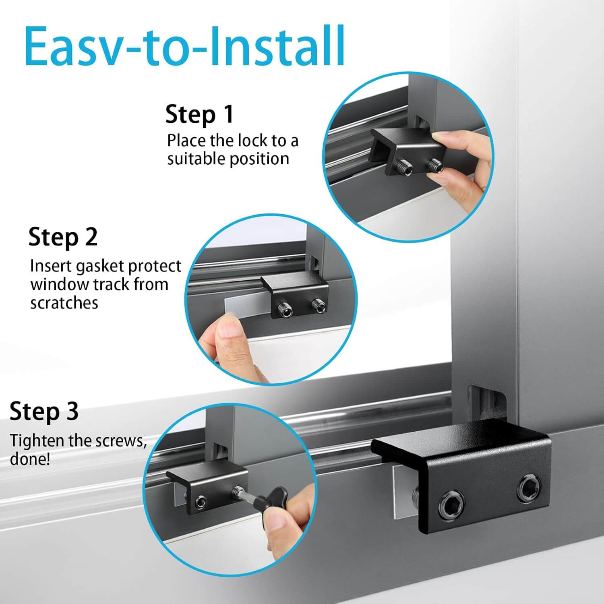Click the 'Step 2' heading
pyautogui.click(x=63, y=237)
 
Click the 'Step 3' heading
pyautogui.click(x=44, y=412)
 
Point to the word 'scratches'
pyautogui.click(x=64, y=303)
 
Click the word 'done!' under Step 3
pyautogui.click(x=30, y=459)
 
